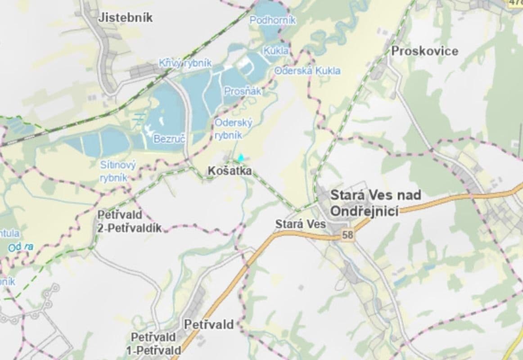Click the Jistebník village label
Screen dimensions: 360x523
click(125, 18)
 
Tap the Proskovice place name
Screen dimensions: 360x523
click(424, 51)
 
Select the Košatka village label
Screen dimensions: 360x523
click(230, 171)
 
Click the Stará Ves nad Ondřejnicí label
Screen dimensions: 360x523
click(375, 202)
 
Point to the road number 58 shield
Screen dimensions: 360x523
click(347, 234)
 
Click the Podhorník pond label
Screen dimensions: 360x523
click(273, 20)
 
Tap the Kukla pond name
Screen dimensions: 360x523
click(276, 51)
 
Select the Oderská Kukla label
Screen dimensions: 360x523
click(307, 71)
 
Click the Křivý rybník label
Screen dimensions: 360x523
click(185, 63)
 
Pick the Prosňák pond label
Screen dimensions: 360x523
click(243, 91)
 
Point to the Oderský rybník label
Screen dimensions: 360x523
click(233, 129)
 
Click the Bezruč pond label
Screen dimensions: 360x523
click(169, 139)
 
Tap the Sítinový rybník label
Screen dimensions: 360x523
click(117, 171)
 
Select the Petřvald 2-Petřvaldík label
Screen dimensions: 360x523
click(129, 221)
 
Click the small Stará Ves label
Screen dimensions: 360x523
click(294, 224)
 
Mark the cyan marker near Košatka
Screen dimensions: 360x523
click(241, 158)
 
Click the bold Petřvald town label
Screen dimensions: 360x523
click(209, 324)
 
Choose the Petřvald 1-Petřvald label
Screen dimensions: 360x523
click(156, 343)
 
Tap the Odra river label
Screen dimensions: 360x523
click(21, 247)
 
